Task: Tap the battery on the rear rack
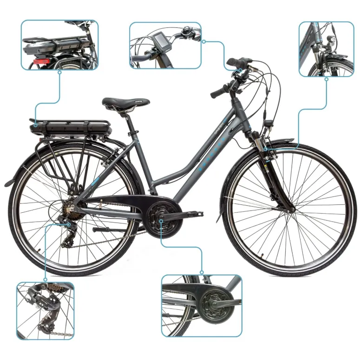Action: tap(70, 126)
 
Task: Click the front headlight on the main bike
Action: tap(268, 124)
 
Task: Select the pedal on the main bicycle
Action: tap(195, 214)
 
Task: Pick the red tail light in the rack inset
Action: tap(41, 62)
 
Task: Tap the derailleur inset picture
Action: tap(45, 310)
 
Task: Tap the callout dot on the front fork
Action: tap(265, 149)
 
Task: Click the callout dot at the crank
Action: tap(161, 221)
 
